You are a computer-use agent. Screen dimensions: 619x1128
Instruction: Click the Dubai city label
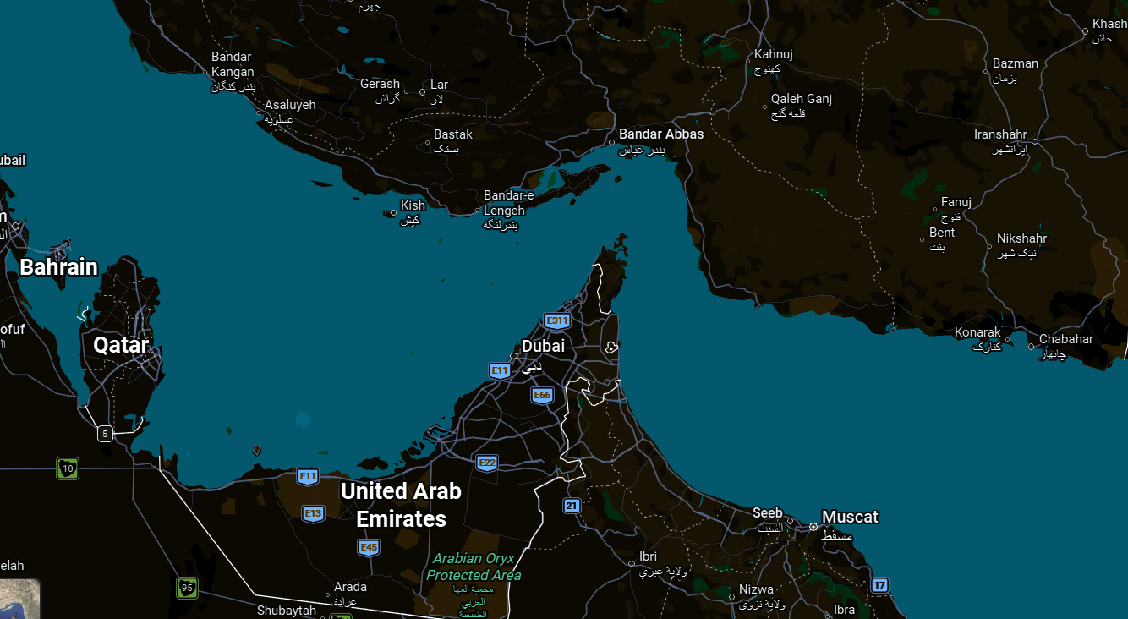point(543,346)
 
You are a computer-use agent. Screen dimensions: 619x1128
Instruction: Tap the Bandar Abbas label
point(660,134)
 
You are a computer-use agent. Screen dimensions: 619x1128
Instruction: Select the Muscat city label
point(850,517)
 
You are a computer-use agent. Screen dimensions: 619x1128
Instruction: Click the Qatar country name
point(121,344)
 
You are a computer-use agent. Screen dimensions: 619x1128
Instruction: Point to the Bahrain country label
point(58,267)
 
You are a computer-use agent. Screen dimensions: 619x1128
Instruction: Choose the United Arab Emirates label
point(401,504)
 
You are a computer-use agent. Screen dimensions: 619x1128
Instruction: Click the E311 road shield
point(556,320)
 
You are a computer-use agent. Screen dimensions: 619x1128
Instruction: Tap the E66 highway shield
point(542,395)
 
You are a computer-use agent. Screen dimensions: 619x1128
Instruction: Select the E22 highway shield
point(486,463)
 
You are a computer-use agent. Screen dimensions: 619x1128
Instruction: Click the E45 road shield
point(368,547)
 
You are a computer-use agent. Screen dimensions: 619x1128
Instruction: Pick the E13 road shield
point(313,513)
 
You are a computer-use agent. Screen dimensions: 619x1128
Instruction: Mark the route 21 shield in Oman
point(572,506)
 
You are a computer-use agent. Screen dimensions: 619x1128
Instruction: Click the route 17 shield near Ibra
point(879,584)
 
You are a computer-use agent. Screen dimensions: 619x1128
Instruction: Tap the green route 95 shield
point(188,587)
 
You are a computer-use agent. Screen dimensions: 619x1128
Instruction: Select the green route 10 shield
point(68,468)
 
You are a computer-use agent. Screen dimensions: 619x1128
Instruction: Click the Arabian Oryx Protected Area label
point(473,567)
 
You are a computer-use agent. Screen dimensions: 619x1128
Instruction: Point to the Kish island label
point(413,205)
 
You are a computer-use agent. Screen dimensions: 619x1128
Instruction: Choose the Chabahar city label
point(1065,339)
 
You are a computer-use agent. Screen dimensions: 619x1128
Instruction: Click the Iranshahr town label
point(999,134)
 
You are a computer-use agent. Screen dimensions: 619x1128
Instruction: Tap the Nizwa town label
point(755,589)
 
